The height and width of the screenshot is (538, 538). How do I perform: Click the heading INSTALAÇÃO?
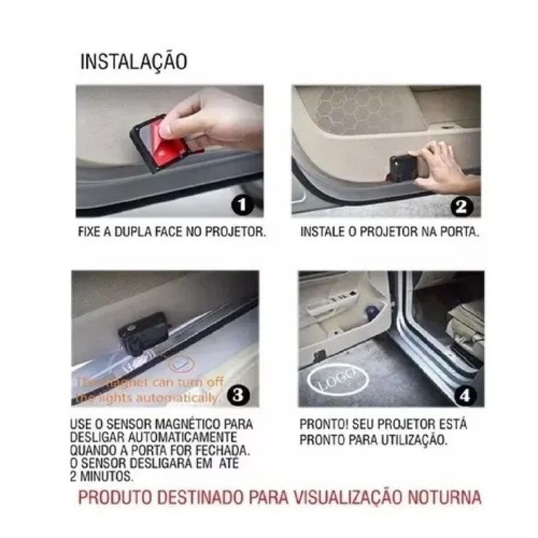tap(134, 61)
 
